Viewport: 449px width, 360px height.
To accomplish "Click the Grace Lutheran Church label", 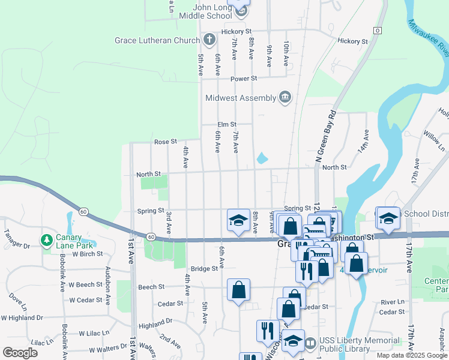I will click(157, 41).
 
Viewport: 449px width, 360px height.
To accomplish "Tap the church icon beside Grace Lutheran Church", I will click(209, 40).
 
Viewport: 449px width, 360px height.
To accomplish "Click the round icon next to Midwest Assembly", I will click(285, 97).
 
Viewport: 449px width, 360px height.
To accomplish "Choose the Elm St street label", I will click(226, 125).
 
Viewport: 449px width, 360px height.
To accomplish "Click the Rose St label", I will click(165, 142).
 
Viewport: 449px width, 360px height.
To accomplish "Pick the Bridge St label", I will click(203, 269).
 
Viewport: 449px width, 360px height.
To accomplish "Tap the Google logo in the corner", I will click(20, 353).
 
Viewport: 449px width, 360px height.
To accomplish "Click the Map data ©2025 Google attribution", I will click(411, 355).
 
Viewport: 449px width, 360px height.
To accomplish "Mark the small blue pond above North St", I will click(262, 159).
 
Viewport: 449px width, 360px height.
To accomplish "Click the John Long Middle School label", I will click(203, 11).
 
